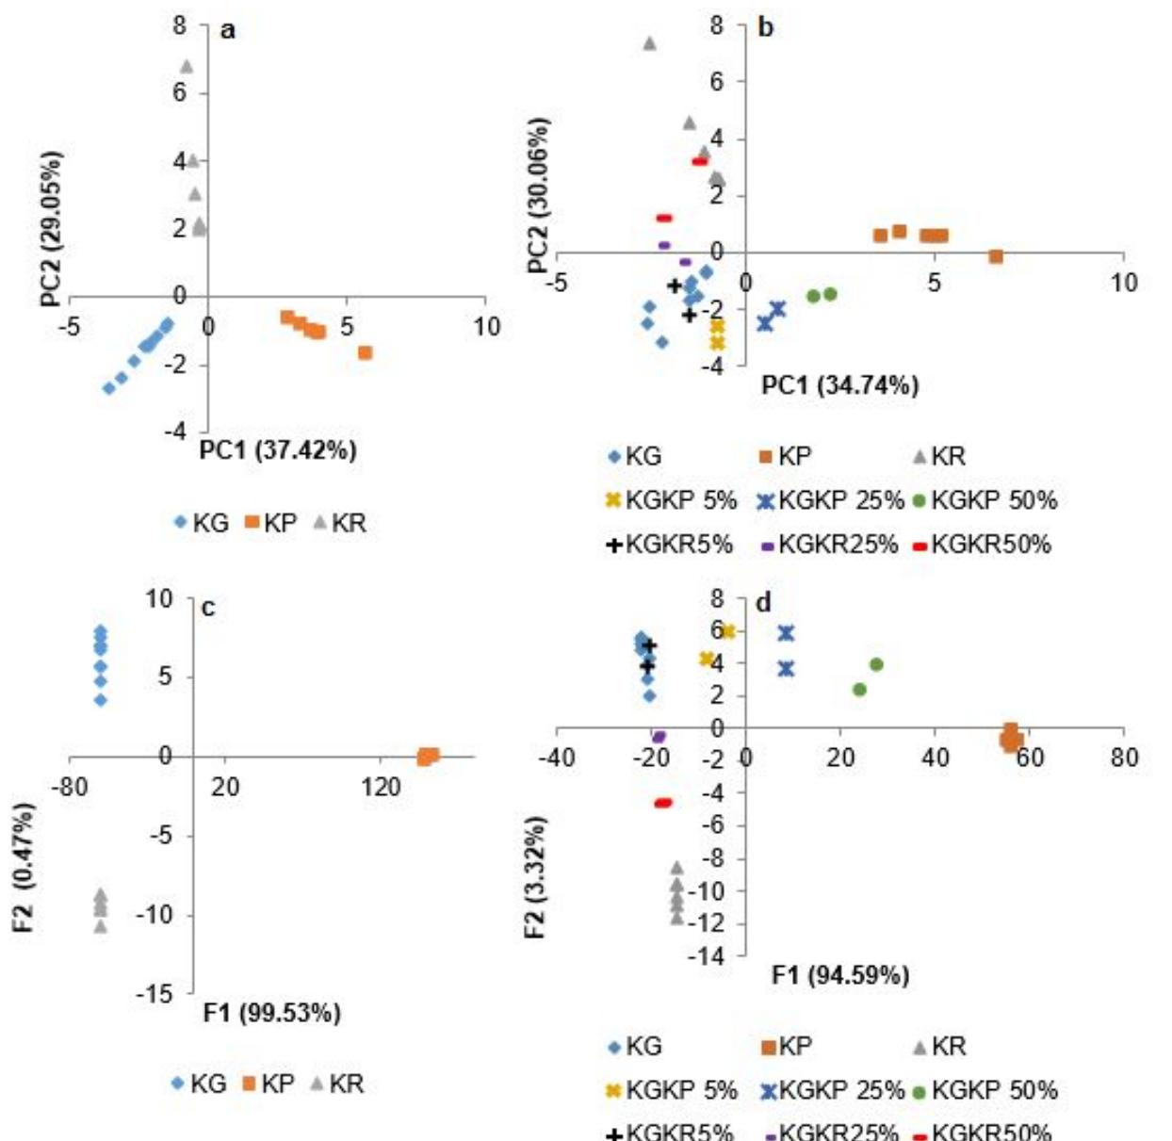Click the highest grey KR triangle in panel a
point(187,66)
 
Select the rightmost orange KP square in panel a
point(366,352)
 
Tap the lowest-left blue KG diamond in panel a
point(109,387)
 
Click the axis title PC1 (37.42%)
point(278,450)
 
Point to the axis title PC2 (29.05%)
point(52,229)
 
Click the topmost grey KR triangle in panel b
point(649,43)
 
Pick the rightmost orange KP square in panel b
point(996,256)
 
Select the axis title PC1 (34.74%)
point(839,385)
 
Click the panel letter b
point(765,28)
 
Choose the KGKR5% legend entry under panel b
point(669,545)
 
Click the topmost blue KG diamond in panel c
point(101,631)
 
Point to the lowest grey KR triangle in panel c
point(101,926)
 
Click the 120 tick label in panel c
point(381,787)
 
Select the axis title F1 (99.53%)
point(272,1013)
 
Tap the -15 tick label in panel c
point(156,994)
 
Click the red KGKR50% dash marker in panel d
point(663,803)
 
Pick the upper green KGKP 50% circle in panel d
point(876,664)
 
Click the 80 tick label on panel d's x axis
point(1124,758)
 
